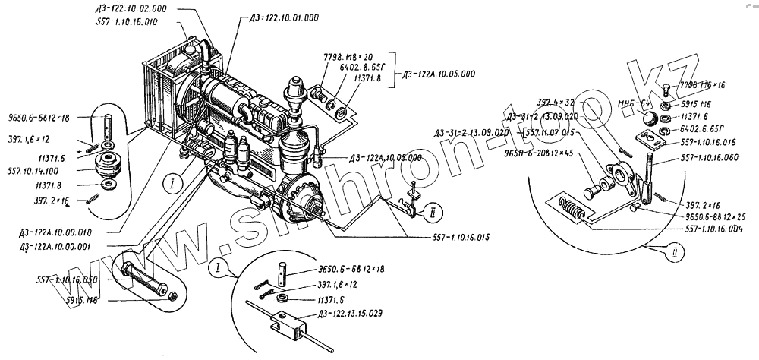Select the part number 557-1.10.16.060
[x=705, y=159]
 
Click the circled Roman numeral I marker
[x=173, y=182]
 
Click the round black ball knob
[x=650, y=118]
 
